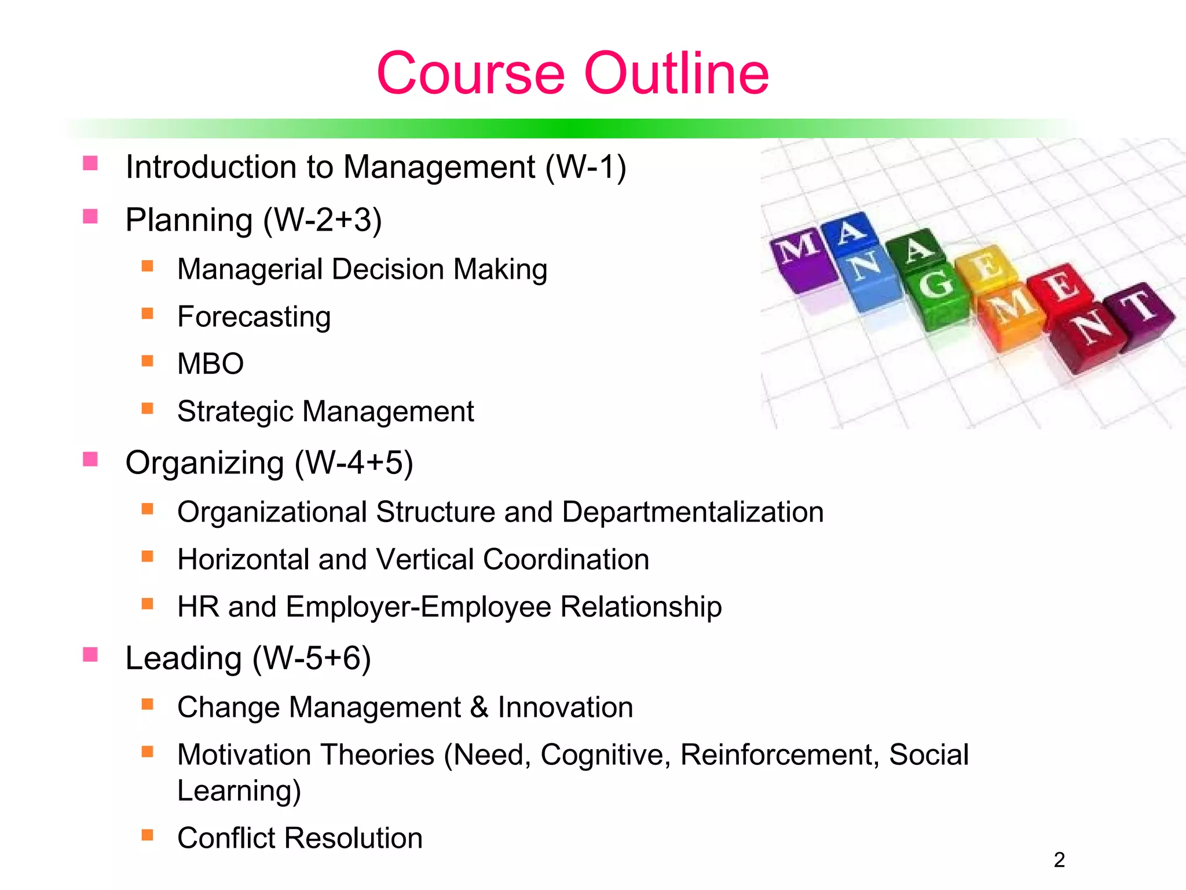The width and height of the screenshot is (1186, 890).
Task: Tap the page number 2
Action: [1059, 860]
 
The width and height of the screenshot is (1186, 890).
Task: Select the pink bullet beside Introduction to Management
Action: [90, 163]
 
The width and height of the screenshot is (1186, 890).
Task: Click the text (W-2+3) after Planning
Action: [323, 220]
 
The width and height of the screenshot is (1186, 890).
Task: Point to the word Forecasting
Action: [254, 317]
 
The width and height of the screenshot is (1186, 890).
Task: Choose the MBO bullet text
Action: [210, 364]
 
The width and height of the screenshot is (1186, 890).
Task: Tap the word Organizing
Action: [204, 463]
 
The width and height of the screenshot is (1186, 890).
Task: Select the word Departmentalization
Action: [693, 512]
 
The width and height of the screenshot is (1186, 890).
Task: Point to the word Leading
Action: [184, 658]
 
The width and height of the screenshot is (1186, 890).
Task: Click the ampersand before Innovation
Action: [479, 707]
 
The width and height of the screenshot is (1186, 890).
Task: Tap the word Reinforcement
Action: [777, 755]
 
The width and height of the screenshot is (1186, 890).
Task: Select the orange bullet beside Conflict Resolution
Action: [148, 835]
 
